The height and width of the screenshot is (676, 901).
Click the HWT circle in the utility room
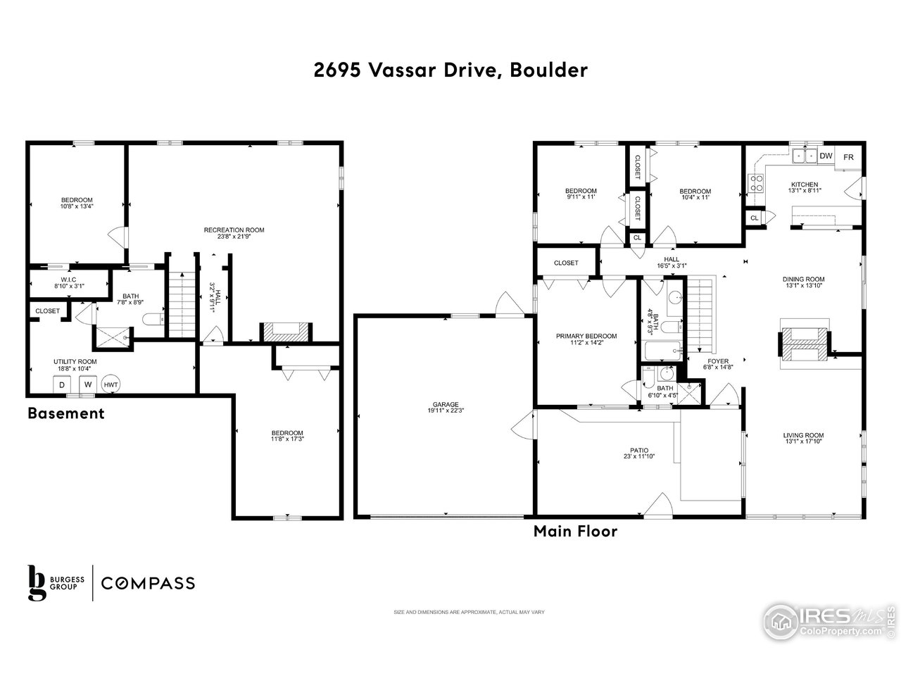[x=111, y=384]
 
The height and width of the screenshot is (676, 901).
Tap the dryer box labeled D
[x=61, y=385]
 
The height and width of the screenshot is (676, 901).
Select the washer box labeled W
[x=88, y=385]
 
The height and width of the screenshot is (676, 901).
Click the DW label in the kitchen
[x=826, y=156]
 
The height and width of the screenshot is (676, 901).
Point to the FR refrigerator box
[x=848, y=157]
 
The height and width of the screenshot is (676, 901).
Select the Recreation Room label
[x=234, y=230]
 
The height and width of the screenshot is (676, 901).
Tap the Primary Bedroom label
[x=586, y=336]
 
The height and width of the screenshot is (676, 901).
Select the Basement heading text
[x=66, y=413]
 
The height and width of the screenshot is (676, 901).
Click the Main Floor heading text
[x=575, y=531]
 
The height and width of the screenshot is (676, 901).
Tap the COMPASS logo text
[x=148, y=583]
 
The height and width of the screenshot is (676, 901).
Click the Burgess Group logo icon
[x=37, y=582]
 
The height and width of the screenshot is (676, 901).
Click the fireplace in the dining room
[x=803, y=343]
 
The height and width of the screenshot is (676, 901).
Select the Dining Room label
[x=803, y=279]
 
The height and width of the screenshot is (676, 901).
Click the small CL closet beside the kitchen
[x=754, y=218]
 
